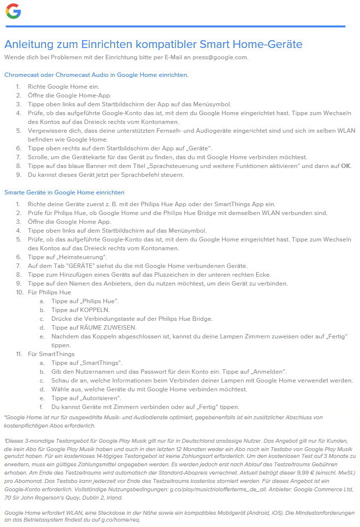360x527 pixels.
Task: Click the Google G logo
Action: pyautogui.click(x=13, y=11)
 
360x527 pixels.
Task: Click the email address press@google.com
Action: pyautogui.click(x=220, y=57)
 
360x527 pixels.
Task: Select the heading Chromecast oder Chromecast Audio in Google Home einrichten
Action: pyautogui.click(x=96, y=75)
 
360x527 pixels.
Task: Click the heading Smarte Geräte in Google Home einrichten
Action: pyautogui.click(x=64, y=192)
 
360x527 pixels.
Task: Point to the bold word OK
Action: pyautogui.click(x=346, y=166)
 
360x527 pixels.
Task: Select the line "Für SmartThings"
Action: pyautogui.click(x=51, y=354)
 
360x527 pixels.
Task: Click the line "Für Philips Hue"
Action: pyautogui.click(x=49, y=292)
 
